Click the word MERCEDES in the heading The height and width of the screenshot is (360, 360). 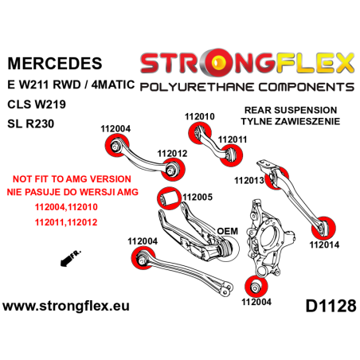(x=54, y=63)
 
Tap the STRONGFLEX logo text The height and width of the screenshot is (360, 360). (x=246, y=61)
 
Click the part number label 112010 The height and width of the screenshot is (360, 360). (x=198, y=116)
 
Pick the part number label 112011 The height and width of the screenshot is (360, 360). (x=232, y=139)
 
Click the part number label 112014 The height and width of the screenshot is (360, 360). (x=323, y=222)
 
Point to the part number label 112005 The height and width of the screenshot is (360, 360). (x=197, y=196)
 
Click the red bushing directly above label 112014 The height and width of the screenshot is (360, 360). (x=323, y=202)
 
